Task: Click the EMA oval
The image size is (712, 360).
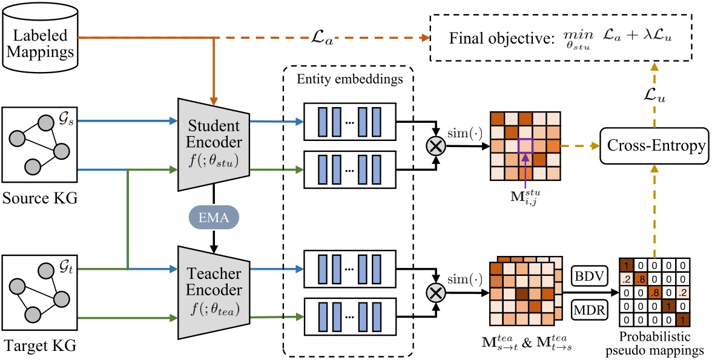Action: click(x=213, y=217)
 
